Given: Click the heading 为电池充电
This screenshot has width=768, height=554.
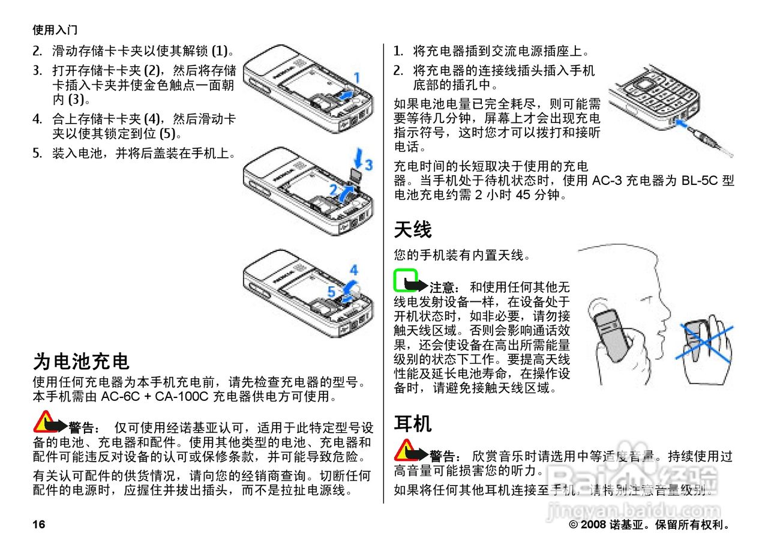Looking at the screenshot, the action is [x=81, y=361].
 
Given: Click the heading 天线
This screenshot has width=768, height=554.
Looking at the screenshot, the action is [x=413, y=229].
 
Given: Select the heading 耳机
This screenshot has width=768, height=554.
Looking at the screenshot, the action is [x=413, y=424].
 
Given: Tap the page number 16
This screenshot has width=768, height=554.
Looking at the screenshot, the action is [x=39, y=525].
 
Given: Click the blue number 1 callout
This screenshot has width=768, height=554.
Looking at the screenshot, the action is [x=356, y=77].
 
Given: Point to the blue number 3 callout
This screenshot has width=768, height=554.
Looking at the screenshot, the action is [x=368, y=163].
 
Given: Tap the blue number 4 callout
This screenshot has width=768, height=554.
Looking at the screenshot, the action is [x=354, y=270].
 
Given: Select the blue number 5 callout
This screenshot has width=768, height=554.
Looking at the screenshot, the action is [x=331, y=292].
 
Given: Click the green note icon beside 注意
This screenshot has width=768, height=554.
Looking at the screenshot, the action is [x=406, y=280].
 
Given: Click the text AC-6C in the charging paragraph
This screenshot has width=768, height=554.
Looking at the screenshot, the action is [x=120, y=397].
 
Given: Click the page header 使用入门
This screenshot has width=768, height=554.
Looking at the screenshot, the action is [x=55, y=29].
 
